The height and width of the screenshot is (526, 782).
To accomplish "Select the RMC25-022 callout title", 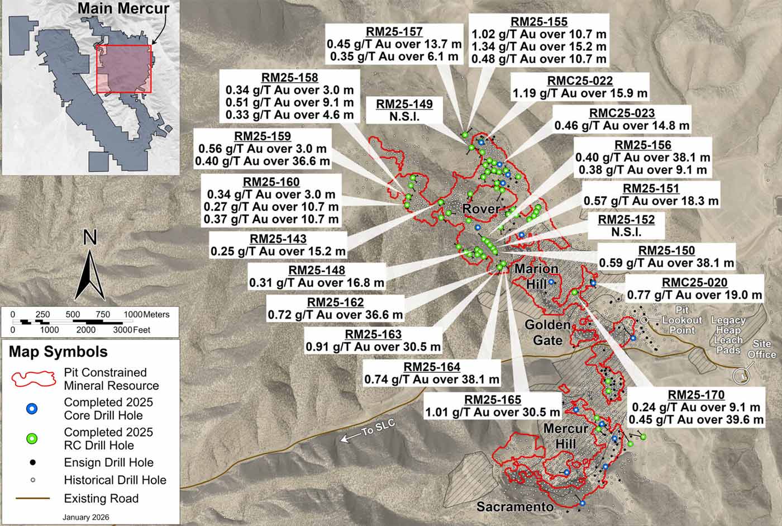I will click(x=579, y=81).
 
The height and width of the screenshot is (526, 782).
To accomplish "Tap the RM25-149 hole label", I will click(x=404, y=105).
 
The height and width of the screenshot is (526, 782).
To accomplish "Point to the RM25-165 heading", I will click(x=493, y=400).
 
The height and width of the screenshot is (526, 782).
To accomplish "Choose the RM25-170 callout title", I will click(x=696, y=395).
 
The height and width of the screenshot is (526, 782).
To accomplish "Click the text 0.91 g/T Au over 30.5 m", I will click(x=373, y=347).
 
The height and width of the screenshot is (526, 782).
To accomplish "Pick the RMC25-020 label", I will click(x=694, y=282).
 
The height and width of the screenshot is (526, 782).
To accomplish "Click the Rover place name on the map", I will click(x=481, y=209).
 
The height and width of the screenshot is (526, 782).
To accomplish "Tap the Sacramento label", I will click(x=514, y=507).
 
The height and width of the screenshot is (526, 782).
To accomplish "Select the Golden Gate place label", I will click(x=547, y=332).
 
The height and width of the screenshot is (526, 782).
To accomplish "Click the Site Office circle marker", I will click(x=742, y=376).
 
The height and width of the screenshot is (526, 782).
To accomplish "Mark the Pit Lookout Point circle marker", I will click(x=644, y=320).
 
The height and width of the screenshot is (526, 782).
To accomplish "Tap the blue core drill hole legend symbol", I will click(x=32, y=409).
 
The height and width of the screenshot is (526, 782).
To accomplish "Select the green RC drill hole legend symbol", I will click(x=32, y=439).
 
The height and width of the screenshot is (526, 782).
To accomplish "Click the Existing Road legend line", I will click(x=32, y=499).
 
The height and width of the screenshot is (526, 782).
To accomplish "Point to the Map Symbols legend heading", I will click(x=58, y=352).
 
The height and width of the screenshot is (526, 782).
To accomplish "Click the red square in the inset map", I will click(x=124, y=69).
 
